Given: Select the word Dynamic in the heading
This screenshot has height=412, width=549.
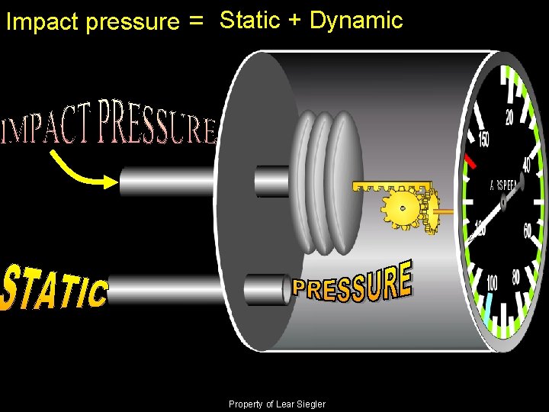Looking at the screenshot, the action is (x=356, y=21).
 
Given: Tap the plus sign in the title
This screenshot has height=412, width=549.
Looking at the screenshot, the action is (x=294, y=21).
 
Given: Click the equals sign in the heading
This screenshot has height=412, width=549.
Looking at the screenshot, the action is (x=197, y=23).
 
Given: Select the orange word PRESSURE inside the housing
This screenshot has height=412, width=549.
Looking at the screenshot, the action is (x=352, y=282).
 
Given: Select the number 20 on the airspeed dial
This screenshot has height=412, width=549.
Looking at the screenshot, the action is (x=509, y=117).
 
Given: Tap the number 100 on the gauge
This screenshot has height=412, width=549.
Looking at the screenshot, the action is (x=493, y=283).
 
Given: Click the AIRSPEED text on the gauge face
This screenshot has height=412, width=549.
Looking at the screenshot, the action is (x=504, y=185).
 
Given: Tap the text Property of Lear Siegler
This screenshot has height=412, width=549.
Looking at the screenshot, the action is (x=276, y=404).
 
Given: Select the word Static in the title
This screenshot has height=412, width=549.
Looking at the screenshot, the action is (x=250, y=21).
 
